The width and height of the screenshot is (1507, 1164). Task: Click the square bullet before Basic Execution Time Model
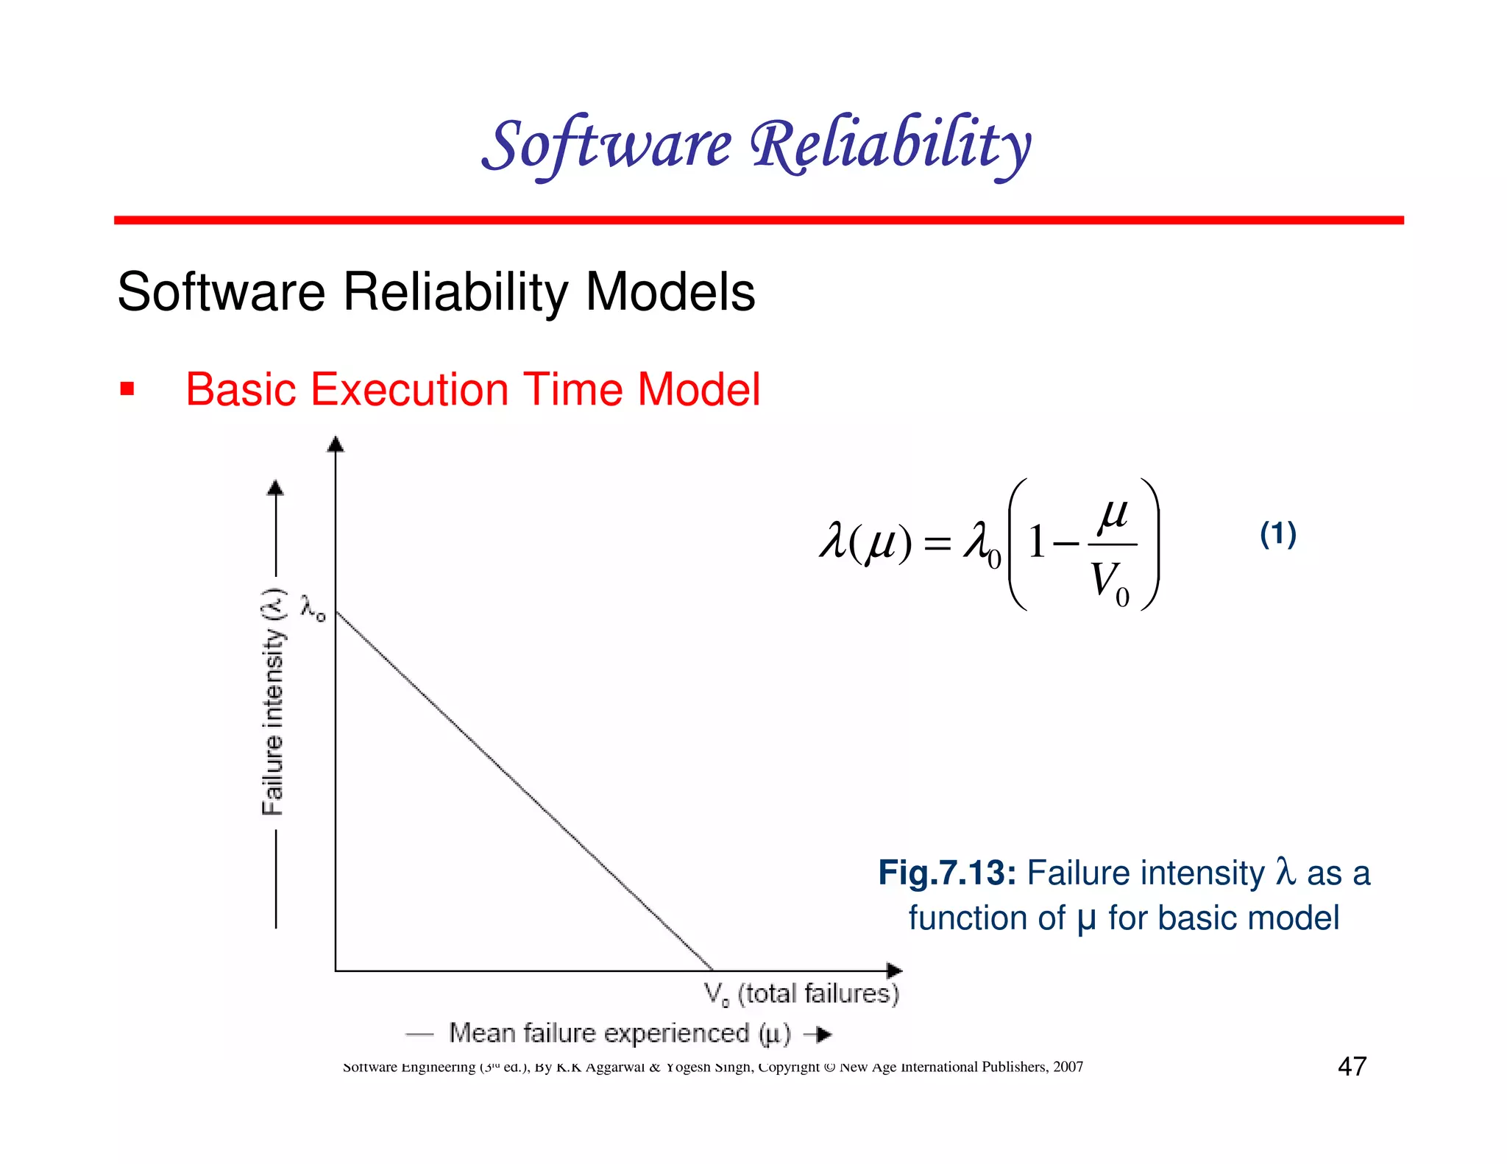click(x=127, y=389)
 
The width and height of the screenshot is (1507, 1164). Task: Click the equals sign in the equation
click(x=937, y=544)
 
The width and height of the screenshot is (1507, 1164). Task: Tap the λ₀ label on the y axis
click(x=313, y=608)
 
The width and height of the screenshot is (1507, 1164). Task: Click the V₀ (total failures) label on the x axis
click(x=801, y=994)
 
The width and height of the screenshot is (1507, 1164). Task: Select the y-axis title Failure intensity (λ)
click(x=273, y=700)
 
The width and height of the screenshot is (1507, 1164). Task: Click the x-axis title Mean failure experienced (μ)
click(x=620, y=1034)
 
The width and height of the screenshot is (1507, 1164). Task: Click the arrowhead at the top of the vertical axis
click(x=336, y=444)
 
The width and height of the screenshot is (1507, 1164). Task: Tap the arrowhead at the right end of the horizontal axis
click(x=894, y=970)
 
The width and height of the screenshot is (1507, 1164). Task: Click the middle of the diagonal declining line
click(x=524, y=791)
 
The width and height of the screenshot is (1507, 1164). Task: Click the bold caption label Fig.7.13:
click(x=947, y=873)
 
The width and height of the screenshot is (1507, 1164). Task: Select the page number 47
click(x=1352, y=1066)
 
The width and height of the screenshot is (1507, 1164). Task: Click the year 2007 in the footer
click(x=1068, y=1067)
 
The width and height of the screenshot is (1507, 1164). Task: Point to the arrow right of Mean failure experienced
click(x=818, y=1035)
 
